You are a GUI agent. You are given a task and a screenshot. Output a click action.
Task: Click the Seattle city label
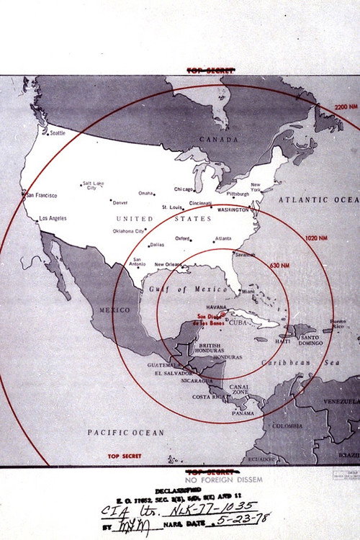coord(57,132)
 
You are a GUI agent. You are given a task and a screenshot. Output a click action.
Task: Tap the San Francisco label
coord(42,195)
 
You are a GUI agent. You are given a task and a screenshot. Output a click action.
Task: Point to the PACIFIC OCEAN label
coord(126,433)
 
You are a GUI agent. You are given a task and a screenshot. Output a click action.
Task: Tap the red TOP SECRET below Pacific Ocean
coord(124,456)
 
